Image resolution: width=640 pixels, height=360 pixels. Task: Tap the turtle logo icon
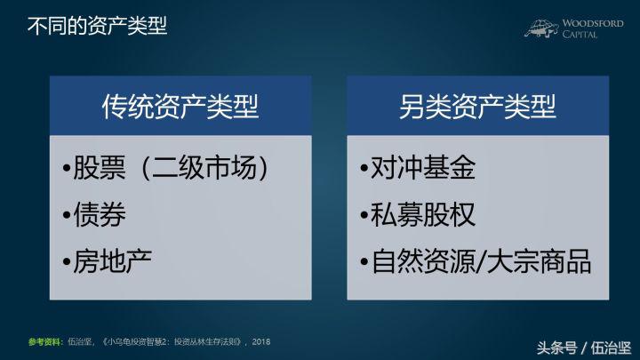click(540, 28)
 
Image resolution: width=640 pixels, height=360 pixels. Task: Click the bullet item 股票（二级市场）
click(170, 169)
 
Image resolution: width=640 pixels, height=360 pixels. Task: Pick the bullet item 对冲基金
click(419, 169)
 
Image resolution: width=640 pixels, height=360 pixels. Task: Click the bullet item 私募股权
click(419, 215)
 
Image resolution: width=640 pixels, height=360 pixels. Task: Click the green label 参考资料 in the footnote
click(44, 341)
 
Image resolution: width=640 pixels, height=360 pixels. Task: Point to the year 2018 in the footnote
click(260, 341)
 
